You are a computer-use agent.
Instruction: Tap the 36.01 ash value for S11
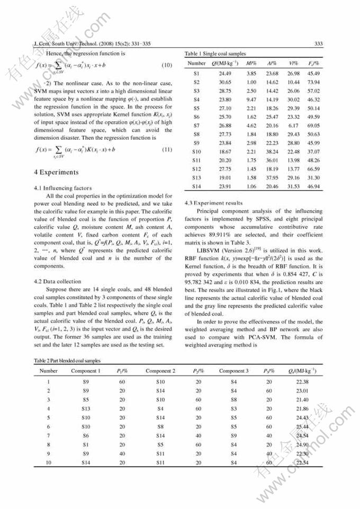pos(272,160)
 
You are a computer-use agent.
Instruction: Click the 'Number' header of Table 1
pos(196,64)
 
